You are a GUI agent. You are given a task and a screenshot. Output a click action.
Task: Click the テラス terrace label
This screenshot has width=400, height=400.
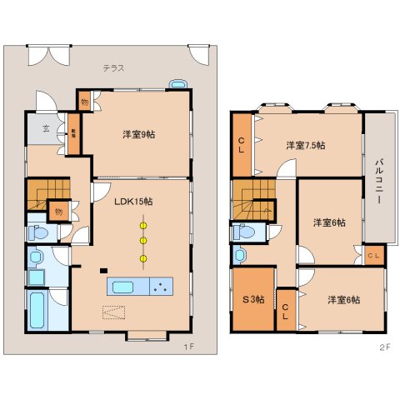114,68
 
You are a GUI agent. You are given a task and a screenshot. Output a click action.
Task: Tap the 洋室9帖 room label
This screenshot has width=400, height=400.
137,135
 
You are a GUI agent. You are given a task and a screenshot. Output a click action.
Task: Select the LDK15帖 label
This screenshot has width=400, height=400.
132,201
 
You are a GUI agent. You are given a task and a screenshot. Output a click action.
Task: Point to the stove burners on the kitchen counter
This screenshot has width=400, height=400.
159,287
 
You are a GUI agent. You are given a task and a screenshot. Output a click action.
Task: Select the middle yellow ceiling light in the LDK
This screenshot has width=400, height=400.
143,242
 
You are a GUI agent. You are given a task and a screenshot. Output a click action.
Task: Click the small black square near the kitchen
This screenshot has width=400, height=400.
103,271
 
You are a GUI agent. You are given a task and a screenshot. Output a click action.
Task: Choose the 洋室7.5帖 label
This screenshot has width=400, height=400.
305,145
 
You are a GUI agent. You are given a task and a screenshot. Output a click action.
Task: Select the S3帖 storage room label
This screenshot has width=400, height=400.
252,299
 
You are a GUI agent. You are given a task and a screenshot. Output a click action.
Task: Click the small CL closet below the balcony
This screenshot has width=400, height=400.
373,255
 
